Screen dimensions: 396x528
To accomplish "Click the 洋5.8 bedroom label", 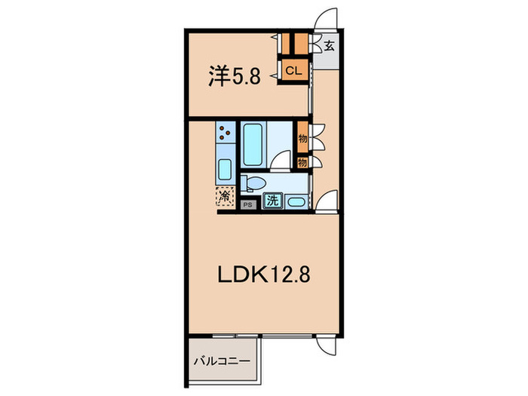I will click(235, 75).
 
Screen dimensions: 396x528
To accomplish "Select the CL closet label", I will click(294, 71).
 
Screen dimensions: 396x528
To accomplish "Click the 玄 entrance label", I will click(330, 46).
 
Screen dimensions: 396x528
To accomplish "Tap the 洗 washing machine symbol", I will click(272, 201).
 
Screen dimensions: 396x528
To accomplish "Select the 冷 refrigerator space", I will click(226, 196).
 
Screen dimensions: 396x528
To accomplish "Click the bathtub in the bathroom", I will click(252, 145).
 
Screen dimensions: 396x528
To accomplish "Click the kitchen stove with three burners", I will click(226, 134).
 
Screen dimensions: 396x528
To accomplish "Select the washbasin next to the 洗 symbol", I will click(295, 201).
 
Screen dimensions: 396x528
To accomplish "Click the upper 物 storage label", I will click(302, 139).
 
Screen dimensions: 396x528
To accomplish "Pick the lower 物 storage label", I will click(302, 161).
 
